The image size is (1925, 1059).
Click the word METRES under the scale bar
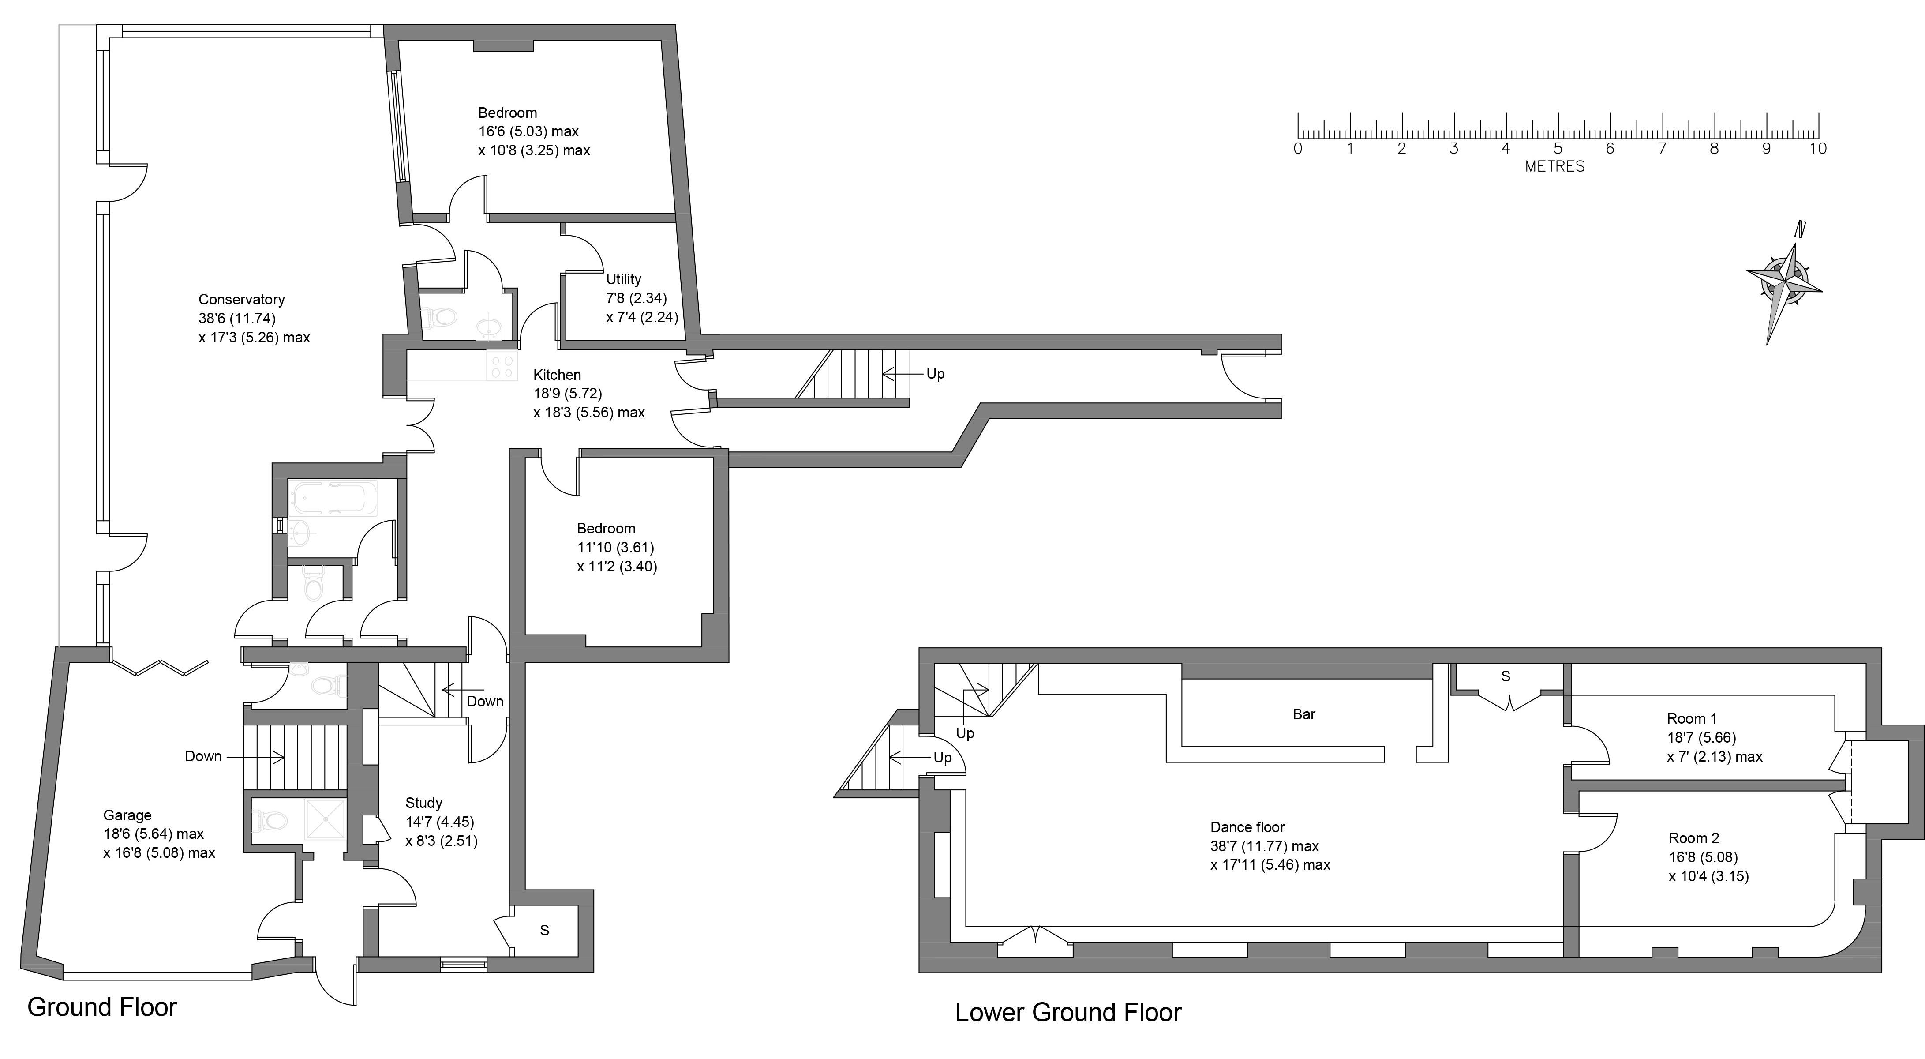(x=1554, y=167)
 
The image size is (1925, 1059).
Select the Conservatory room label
(x=241, y=300)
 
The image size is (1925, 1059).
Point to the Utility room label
(x=623, y=279)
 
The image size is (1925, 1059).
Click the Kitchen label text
(x=557, y=375)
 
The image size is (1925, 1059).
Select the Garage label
(x=127, y=815)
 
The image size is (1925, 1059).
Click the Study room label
(x=424, y=803)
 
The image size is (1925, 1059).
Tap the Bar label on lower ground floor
(x=1303, y=714)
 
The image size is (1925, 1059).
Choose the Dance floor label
(x=1247, y=827)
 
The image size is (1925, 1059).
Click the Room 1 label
(x=1692, y=719)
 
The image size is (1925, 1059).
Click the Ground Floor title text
(x=101, y=1007)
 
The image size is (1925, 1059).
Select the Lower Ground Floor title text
(x=1068, y=1013)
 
